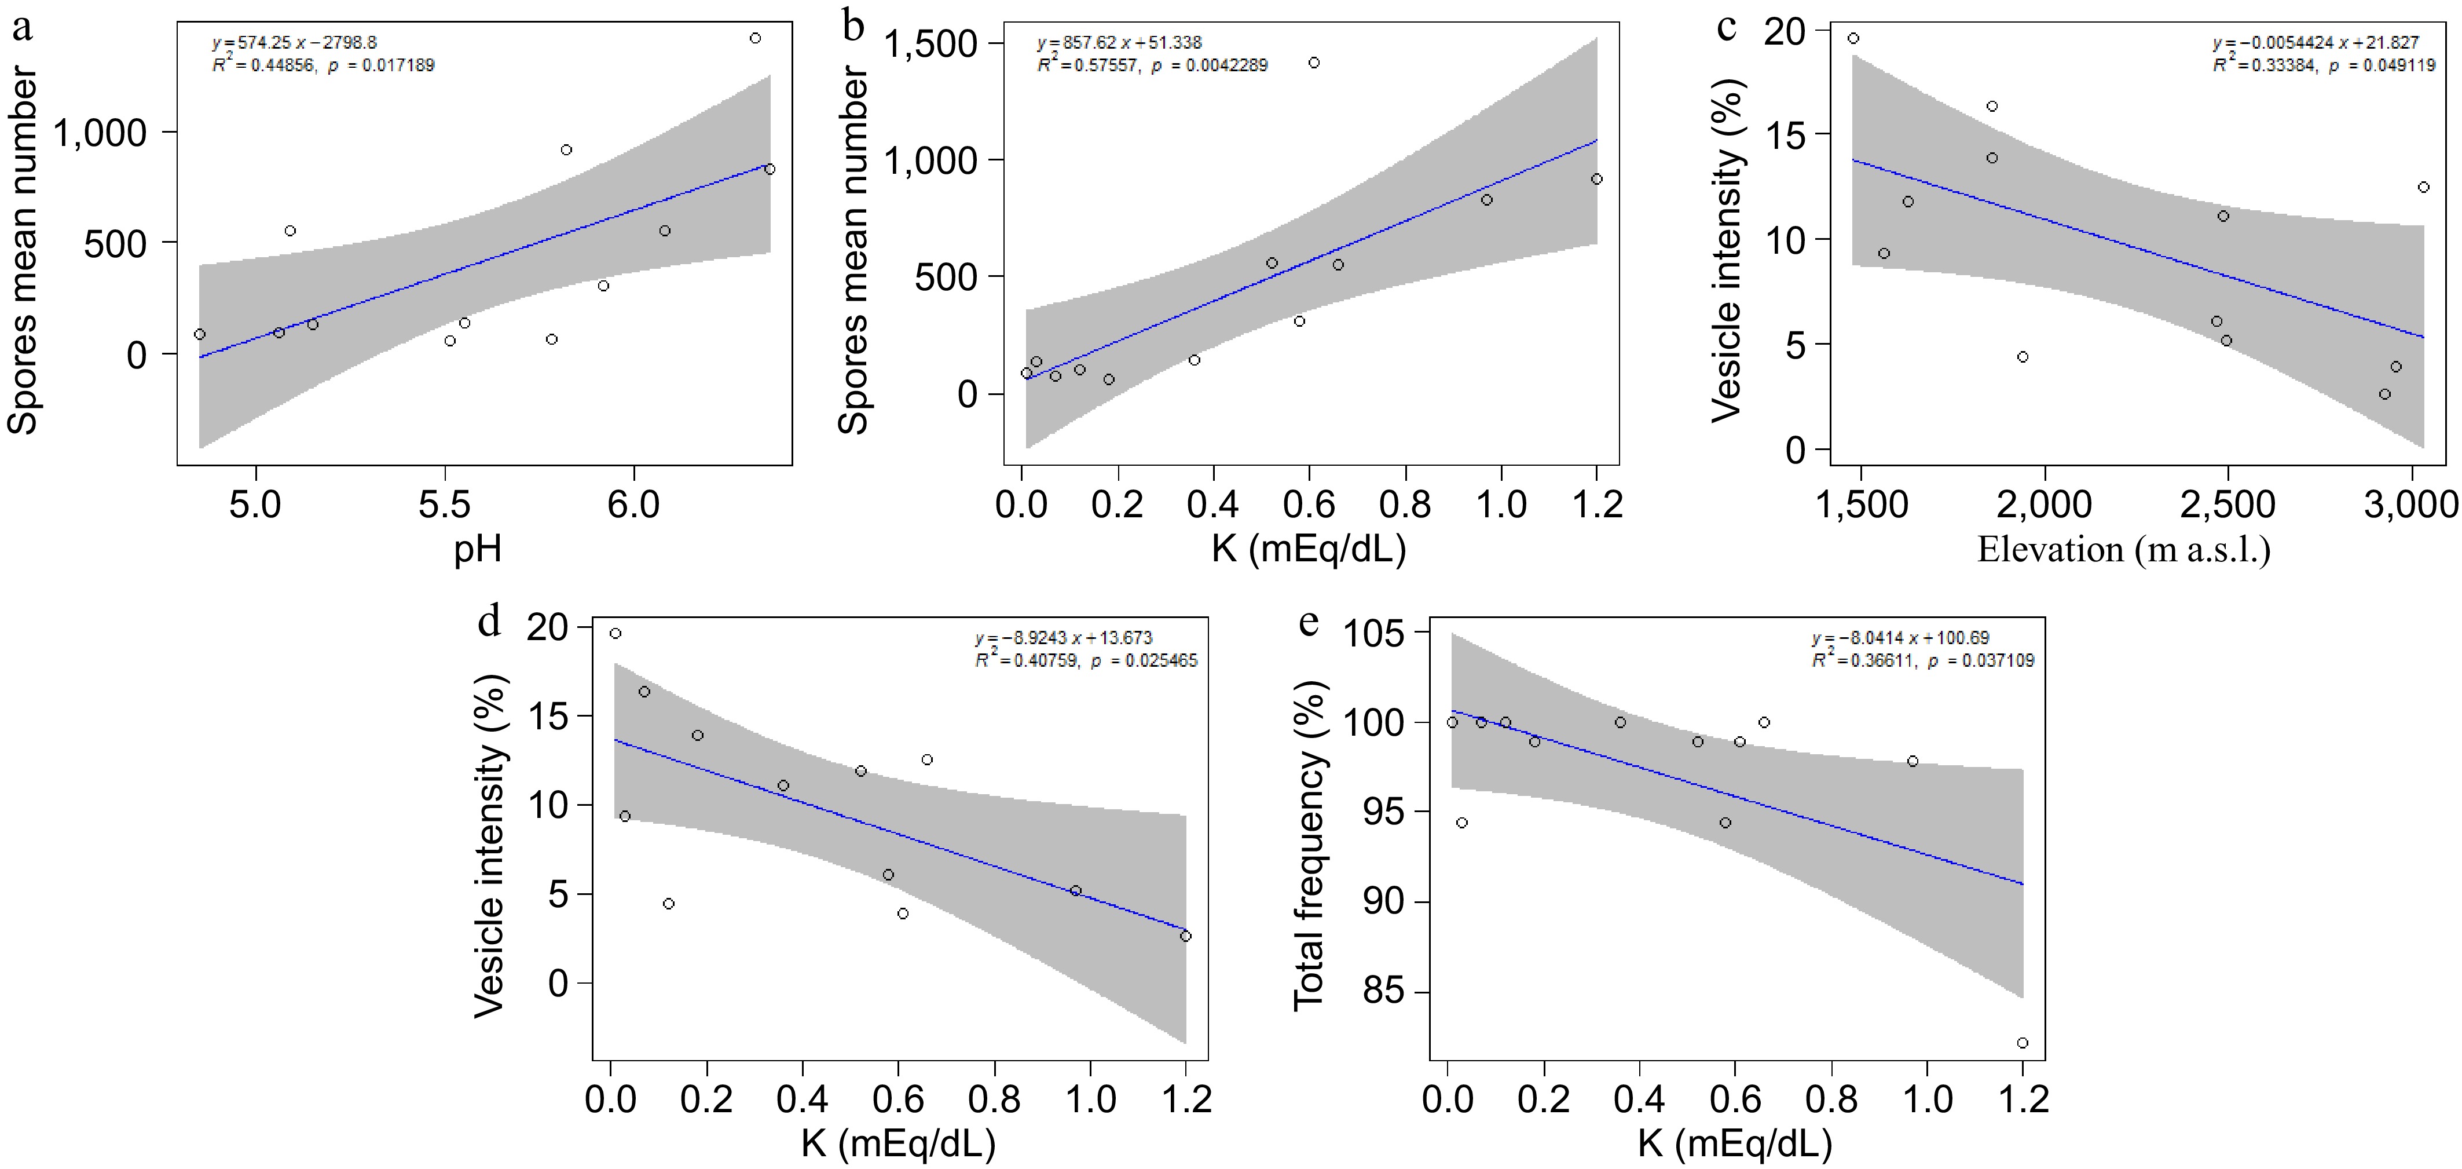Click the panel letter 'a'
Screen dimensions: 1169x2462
[x=21, y=29]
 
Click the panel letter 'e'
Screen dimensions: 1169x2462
[x=1309, y=623]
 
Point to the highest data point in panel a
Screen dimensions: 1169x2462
[x=755, y=38]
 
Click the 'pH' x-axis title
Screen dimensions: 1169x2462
[x=478, y=550]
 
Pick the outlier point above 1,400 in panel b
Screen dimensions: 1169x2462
[x=1314, y=63]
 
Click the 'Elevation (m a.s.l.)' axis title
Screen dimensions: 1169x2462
[x=2124, y=550]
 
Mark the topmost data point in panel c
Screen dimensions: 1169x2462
[x=1853, y=38]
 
